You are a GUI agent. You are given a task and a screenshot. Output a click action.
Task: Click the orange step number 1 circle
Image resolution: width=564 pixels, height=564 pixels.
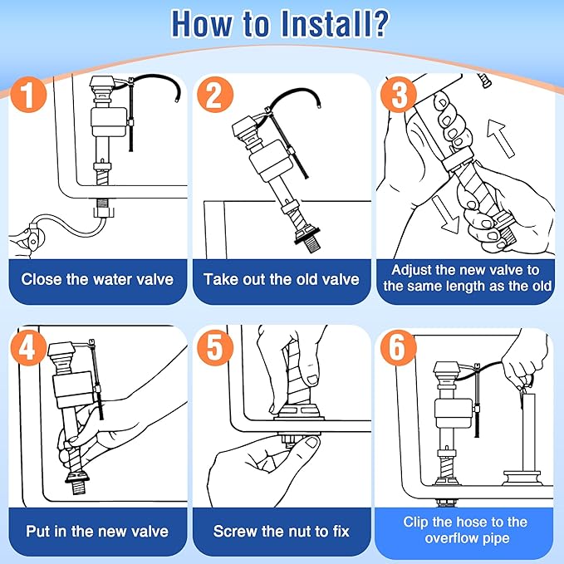[x=30, y=97]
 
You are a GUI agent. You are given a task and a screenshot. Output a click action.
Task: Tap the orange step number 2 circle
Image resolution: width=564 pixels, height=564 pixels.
[x=214, y=97]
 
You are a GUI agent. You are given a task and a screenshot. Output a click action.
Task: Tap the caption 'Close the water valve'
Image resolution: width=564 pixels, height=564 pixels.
[x=97, y=279]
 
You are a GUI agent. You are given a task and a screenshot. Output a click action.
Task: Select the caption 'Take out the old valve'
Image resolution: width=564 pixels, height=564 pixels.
[x=282, y=279]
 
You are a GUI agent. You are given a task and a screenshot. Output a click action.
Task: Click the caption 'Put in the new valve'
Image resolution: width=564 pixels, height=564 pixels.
[x=97, y=531]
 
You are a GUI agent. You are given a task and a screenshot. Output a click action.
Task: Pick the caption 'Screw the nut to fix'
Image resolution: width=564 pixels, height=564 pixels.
[x=282, y=531]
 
